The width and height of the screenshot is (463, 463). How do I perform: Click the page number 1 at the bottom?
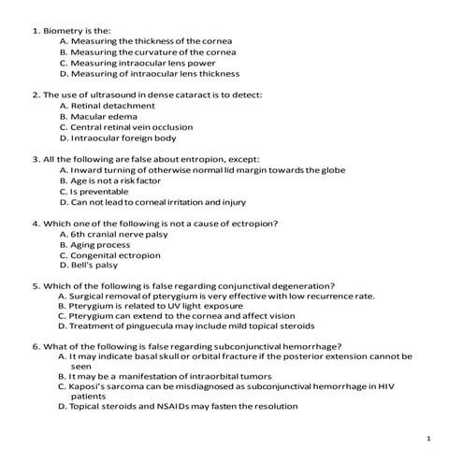pyautogui.click(x=427, y=438)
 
